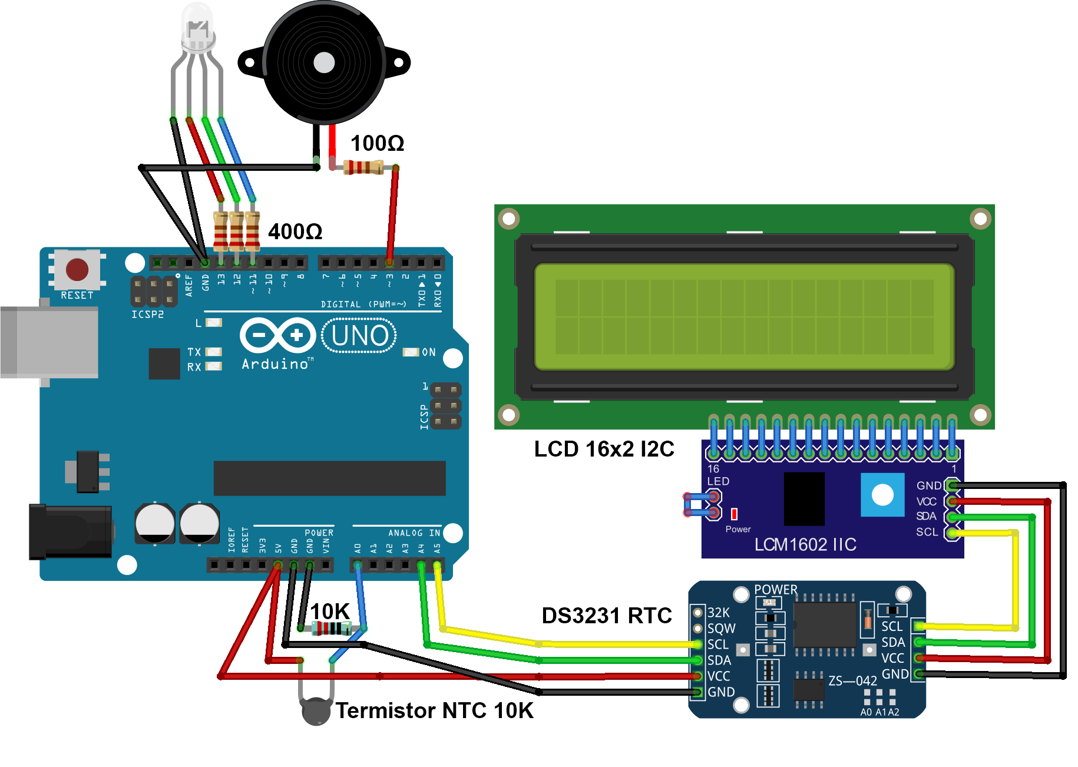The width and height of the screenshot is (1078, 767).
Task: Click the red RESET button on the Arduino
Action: (77, 269)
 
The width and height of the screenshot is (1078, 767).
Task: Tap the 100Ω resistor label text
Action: (377, 143)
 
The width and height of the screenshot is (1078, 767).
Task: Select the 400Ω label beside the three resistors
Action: (295, 232)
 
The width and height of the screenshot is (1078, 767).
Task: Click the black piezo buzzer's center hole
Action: (324, 62)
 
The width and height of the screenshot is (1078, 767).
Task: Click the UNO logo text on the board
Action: (359, 336)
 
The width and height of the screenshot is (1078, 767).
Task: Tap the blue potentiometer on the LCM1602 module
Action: (882, 495)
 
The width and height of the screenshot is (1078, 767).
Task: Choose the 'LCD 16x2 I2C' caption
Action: (604, 449)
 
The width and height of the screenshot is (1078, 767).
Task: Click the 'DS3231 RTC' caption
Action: (607, 616)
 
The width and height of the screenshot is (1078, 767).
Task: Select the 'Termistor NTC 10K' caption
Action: (435, 710)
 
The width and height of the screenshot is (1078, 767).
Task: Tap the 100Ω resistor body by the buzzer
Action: (363, 168)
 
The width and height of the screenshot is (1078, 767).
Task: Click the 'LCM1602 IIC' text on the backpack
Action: (805, 544)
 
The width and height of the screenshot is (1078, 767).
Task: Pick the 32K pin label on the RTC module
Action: (719, 613)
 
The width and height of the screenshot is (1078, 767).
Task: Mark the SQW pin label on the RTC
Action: (722, 629)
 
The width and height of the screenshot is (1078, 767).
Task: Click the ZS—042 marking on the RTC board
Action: (852, 681)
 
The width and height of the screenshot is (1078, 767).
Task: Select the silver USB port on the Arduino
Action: (49, 342)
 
